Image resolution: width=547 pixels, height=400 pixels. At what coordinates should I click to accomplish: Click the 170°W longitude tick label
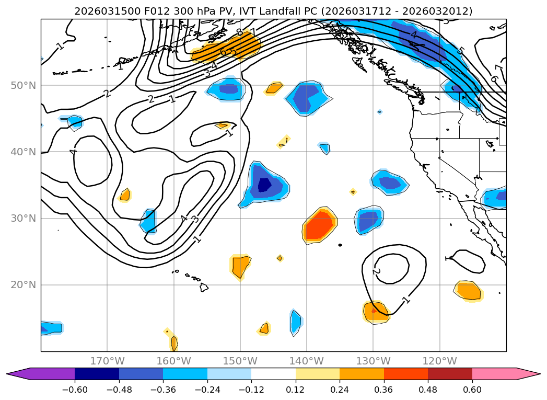click(107, 361)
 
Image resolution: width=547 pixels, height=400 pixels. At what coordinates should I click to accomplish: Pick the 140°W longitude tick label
click(307, 361)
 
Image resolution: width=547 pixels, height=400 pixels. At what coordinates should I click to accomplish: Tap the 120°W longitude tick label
click(439, 361)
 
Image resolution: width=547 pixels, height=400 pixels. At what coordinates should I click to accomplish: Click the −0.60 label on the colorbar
click(75, 390)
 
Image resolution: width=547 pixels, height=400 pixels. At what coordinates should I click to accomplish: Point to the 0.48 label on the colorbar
click(428, 390)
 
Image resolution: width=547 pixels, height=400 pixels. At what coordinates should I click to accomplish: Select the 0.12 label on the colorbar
click(295, 390)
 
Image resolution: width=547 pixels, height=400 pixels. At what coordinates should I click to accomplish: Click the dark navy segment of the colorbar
click(97, 374)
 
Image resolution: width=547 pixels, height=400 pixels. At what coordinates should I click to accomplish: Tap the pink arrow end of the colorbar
click(528, 374)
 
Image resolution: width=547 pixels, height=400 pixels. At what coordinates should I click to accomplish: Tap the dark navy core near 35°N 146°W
click(265, 185)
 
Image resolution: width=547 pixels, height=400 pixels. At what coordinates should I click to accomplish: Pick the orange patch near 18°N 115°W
click(468, 290)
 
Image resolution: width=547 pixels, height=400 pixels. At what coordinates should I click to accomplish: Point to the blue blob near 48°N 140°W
click(307, 97)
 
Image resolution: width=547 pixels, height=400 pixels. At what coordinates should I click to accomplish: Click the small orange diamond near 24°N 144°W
click(280, 258)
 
